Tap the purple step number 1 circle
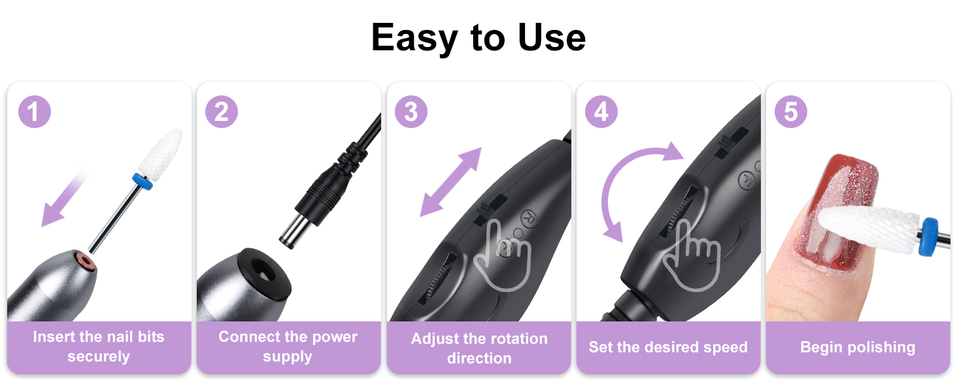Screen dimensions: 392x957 click(x=34, y=112)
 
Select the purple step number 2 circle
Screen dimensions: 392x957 click(x=222, y=112)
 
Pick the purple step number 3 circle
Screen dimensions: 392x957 click(x=411, y=112)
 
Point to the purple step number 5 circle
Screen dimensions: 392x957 click(x=791, y=112)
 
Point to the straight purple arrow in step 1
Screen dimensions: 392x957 click(x=65, y=199)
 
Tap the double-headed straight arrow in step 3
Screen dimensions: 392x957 click(x=450, y=181)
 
